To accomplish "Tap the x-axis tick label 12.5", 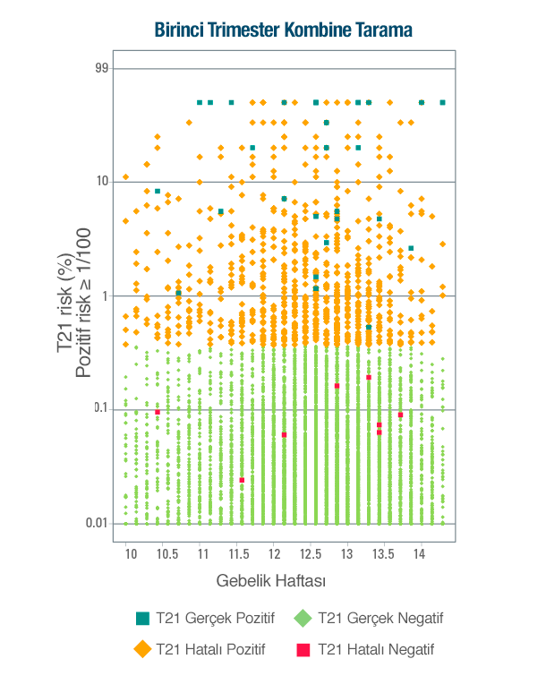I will [310, 554].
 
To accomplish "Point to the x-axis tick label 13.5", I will [382, 554].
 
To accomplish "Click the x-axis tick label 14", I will [419, 554].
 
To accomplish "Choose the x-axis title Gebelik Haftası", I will [270, 581].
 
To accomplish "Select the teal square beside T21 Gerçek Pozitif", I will [141, 618].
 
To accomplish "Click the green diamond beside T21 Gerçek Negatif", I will [303, 618].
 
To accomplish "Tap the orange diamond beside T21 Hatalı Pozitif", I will [141, 649].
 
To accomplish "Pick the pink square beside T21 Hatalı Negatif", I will [303, 649].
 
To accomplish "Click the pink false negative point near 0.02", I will [242, 480].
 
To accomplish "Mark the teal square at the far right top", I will [442, 102].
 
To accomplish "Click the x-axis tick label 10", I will [130, 554].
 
